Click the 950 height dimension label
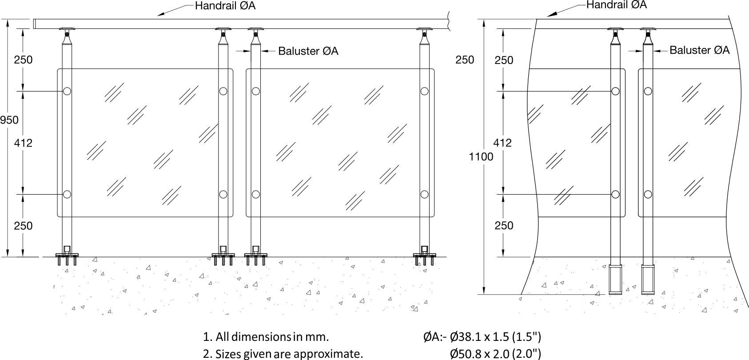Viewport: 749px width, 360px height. pyautogui.click(x=9, y=120)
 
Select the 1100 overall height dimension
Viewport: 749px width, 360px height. pyautogui.click(x=481, y=156)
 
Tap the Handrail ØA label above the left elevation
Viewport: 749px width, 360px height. pyautogui.click(x=225, y=6)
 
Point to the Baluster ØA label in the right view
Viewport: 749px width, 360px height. pyautogui.click(x=699, y=50)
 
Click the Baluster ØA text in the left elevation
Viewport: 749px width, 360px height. pyautogui.click(x=308, y=51)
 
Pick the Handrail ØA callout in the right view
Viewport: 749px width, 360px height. pyautogui.click(x=616, y=5)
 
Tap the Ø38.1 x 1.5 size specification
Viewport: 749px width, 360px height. pyautogui.click(x=495, y=336)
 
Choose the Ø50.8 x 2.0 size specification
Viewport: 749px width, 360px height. pyautogui.click(x=495, y=354)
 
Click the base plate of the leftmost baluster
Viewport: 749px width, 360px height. pyautogui.click(x=67, y=255)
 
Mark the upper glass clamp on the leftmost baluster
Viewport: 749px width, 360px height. pyautogui.click(x=67, y=91)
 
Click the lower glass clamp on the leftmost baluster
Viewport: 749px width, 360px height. pyautogui.click(x=67, y=194)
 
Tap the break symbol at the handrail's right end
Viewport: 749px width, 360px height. pyautogui.click(x=450, y=19)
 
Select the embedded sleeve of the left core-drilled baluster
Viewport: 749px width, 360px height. pyautogui.click(x=615, y=279)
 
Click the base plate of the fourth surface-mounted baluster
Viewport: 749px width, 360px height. pyautogui.click(x=424, y=255)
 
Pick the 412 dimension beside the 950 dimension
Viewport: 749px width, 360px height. pyautogui.click(x=23, y=143)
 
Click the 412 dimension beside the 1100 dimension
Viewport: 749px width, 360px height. pyautogui.click(x=502, y=143)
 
